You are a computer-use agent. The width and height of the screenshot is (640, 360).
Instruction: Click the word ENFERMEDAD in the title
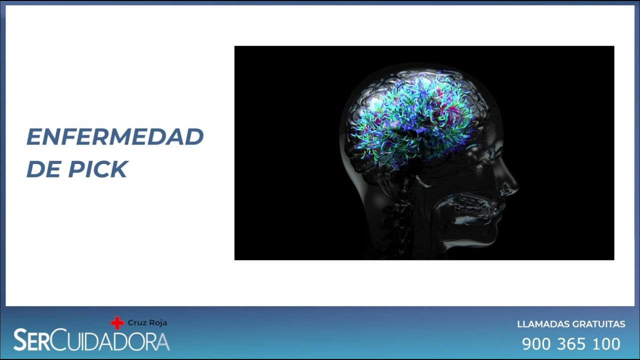tap(115, 137)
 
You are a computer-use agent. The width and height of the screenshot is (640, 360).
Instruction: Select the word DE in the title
tap(43, 169)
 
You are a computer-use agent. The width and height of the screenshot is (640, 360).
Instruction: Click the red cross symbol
tap(117, 323)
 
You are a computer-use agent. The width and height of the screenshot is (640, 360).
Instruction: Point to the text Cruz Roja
tap(147, 323)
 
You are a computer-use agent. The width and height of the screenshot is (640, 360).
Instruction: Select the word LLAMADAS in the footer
tap(544, 324)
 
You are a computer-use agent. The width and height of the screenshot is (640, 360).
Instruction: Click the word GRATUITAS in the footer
tap(600, 324)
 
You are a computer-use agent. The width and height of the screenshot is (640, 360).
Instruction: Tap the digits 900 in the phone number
tap(536, 344)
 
